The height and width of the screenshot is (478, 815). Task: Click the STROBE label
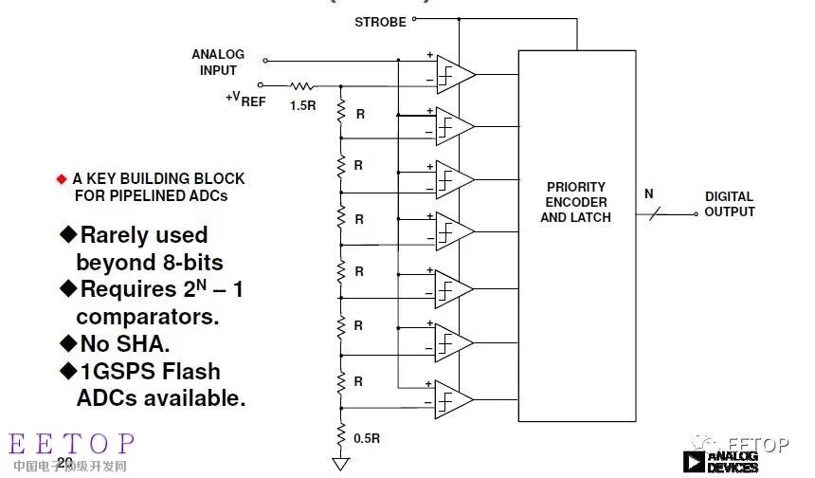pyautogui.click(x=380, y=21)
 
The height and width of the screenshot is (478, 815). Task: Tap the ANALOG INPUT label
pyautogui.click(x=218, y=63)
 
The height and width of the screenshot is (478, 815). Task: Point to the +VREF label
pyautogui.click(x=245, y=99)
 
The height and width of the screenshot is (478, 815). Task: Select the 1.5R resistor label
pyautogui.click(x=303, y=105)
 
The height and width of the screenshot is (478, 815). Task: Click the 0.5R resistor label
pyautogui.click(x=367, y=438)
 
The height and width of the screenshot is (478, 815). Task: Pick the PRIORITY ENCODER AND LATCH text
pyautogui.click(x=575, y=202)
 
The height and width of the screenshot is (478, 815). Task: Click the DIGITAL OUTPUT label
pyautogui.click(x=729, y=204)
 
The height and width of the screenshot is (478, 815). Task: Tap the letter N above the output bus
pyautogui.click(x=649, y=193)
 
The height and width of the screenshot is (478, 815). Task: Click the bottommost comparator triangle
pyautogui.click(x=454, y=399)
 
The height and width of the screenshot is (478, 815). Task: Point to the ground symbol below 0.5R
pyautogui.click(x=339, y=464)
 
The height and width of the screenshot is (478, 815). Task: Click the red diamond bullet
pyautogui.click(x=62, y=178)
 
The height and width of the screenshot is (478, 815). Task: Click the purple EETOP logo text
pyautogui.click(x=72, y=444)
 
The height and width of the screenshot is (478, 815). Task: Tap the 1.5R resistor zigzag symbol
pyautogui.click(x=302, y=86)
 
